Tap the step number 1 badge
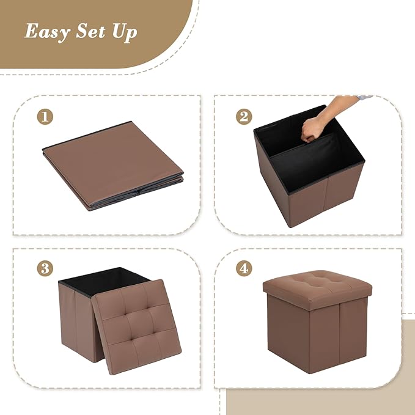point(44,117)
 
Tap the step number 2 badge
point(244,117)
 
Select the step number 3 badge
point(44,268)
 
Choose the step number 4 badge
point(244,268)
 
